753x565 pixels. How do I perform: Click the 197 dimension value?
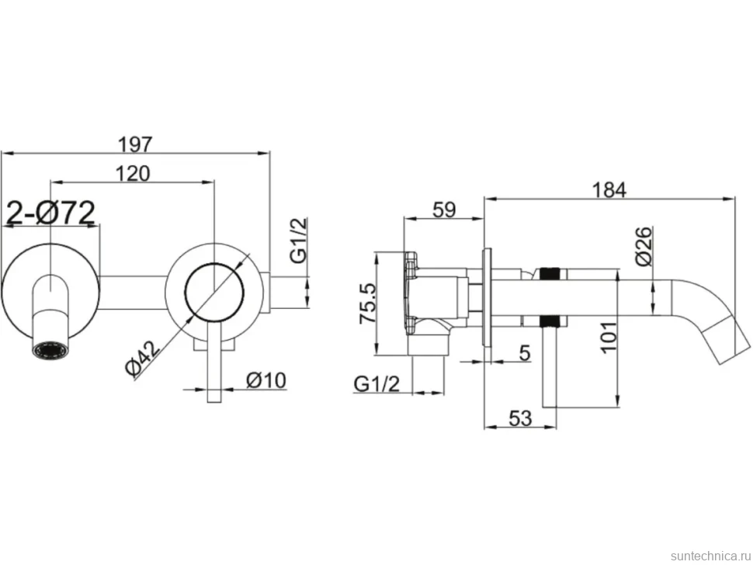(135, 144)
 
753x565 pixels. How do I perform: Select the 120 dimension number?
(133, 173)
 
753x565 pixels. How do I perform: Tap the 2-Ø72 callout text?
(51, 213)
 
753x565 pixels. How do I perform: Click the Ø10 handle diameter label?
(266, 380)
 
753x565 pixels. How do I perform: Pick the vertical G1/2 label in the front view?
(298, 240)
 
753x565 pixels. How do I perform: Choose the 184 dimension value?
(609, 189)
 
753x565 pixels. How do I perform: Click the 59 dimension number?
(444, 210)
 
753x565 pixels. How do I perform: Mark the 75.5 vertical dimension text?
(369, 303)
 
